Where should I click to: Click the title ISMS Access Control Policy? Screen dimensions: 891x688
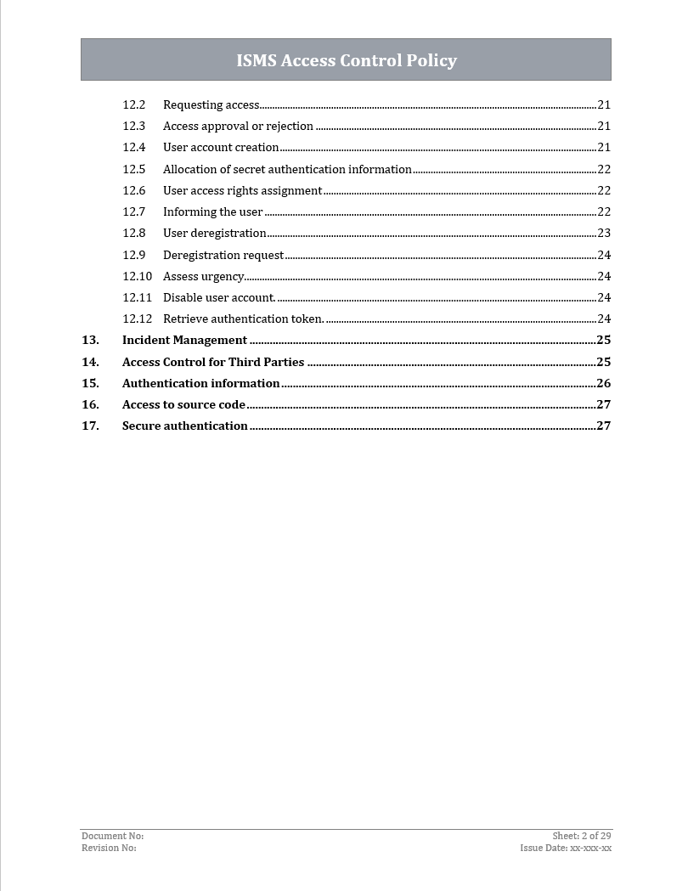point(347,60)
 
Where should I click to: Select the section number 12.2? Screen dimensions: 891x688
point(133,105)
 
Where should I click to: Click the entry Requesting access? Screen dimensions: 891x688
point(211,105)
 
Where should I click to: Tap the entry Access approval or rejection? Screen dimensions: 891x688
point(238,127)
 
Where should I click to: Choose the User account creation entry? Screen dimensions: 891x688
point(221,148)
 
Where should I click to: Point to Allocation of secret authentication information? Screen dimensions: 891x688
point(287,170)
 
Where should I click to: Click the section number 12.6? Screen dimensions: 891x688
point(133,191)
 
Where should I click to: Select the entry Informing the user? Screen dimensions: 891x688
point(212,212)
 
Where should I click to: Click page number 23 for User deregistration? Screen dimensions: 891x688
point(604,234)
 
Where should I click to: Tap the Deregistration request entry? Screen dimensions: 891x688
point(223,255)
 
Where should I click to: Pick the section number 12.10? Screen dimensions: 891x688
point(137,276)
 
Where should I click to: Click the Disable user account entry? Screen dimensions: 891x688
point(219,298)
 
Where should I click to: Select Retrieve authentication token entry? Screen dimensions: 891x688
point(243,319)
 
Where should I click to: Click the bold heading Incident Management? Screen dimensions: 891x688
point(184,341)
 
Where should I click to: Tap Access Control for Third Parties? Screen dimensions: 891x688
point(213,363)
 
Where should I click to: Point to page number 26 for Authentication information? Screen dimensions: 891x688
point(604,384)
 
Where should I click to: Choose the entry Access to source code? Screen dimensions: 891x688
point(183,405)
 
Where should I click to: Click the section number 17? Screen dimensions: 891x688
point(90,426)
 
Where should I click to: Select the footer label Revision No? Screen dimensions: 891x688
point(109,848)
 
